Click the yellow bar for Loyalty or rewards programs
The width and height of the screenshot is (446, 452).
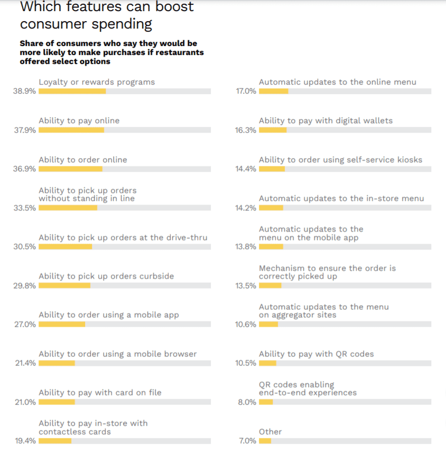(x=72, y=91)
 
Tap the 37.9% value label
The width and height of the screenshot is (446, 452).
(x=25, y=130)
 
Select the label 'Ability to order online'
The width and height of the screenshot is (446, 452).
(x=83, y=160)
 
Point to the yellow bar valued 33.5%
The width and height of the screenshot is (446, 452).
(x=68, y=208)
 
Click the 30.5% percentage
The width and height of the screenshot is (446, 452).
(x=25, y=247)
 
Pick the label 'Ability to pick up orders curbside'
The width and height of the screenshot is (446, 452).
(x=106, y=276)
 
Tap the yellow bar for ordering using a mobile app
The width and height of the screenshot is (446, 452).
(x=62, y=324)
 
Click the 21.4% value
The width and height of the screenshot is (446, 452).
(x=25, y=363)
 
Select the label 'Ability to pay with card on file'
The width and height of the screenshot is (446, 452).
(x=100, y=392)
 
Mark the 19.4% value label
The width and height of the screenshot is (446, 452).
(x=25, y=441)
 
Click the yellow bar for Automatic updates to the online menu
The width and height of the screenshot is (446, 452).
(x=274, y=91)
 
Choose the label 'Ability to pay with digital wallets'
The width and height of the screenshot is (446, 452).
(x=326, y=121)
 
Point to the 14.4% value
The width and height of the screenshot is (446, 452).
(x=246, y=169)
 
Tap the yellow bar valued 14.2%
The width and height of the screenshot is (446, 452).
(x=271, y=208)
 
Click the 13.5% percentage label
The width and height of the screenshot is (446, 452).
(x=246, y=285)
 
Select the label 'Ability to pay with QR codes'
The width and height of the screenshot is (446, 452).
(x=316, y=354)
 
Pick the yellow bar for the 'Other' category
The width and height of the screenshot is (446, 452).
(x=265, y=441)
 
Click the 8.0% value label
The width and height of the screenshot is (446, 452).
(x=247, y=402)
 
